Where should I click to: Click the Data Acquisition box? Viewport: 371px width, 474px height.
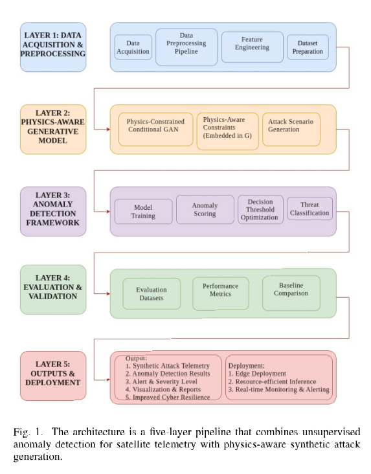(133, 47)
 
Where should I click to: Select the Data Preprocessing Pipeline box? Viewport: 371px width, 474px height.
(186, 47)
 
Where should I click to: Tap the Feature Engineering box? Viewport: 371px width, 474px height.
(252, 47)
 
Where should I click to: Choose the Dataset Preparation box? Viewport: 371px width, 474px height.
(308, 47)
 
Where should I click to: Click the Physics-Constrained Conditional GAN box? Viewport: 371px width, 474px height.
(156, 130)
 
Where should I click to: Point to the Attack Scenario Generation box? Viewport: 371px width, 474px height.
(291, 130)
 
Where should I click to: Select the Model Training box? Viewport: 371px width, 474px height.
(143, 211)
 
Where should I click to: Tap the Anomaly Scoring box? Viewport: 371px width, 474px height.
(205, 209)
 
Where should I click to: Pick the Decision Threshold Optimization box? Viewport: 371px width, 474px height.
(260, 209)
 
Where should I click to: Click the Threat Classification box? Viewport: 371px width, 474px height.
(309, 209)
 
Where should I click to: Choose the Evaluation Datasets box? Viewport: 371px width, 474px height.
(152, 293)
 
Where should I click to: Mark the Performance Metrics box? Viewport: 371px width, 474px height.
(221, 293)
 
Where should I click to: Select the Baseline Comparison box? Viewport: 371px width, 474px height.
(291, 293)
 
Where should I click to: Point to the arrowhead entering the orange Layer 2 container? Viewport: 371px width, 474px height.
(108, 130)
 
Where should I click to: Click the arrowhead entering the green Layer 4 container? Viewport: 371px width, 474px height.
(108, 293)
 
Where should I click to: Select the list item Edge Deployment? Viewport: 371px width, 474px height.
(257, 374)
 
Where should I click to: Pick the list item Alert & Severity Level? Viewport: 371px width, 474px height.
(161, 381)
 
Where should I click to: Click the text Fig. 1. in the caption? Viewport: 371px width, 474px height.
(28, 433)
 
